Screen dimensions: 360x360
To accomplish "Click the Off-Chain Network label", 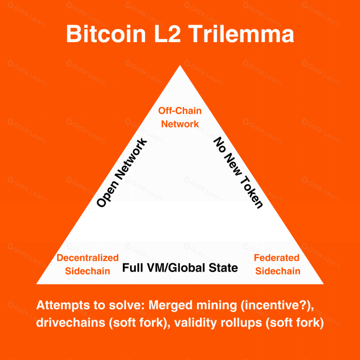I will click(180, 117).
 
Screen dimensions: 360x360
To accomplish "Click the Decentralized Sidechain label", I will click(87, 264).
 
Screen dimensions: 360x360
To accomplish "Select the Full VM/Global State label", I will click(180, 268).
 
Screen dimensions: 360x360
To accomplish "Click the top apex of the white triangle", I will click(179, 66).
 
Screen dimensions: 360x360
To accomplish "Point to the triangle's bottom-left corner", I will click(38, 283).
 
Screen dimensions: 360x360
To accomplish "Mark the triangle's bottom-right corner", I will click(322, 283).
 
